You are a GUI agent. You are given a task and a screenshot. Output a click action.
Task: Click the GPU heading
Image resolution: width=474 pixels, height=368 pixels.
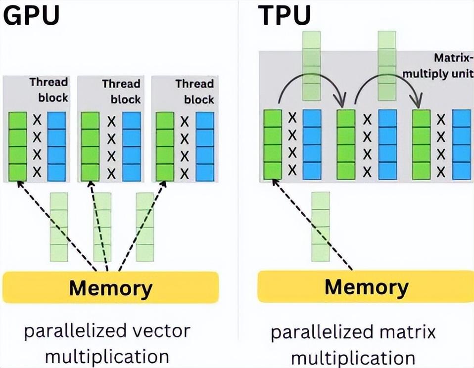(x=31, y=15)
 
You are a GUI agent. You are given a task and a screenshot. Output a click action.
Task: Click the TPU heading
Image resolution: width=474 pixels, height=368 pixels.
(x=284, y=15)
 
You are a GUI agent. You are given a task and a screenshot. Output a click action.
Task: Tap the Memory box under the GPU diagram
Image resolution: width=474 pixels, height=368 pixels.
(x=111, y=287)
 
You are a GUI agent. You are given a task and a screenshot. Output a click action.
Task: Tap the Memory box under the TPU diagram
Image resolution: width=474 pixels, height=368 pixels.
(x=366, y=286)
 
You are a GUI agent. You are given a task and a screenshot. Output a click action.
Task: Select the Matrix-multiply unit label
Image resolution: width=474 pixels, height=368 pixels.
(x=437, y=66)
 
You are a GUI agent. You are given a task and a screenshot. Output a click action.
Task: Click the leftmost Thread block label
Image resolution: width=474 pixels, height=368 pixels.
(x=48, y=90)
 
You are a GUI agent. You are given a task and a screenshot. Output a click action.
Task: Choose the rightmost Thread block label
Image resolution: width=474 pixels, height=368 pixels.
(x=194, y=91)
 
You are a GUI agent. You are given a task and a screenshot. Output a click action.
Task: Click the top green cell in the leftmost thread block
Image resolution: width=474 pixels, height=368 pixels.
(x=17, y=121)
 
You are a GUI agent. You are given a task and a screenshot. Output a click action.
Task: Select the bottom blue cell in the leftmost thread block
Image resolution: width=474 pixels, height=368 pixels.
(x=56, y=173)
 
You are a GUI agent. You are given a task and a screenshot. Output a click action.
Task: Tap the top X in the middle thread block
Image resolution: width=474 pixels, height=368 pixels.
(x=111, y=122)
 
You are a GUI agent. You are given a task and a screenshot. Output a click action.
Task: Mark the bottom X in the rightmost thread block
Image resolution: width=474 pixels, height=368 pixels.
(x=185, y=174)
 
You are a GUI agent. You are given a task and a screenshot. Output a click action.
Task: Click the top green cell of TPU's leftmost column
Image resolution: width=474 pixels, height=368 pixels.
(x=273, y=118)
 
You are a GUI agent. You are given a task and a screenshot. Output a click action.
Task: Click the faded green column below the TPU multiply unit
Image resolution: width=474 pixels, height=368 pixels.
(x=321, y=227)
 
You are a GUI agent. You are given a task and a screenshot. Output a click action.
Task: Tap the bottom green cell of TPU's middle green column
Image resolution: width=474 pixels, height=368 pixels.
(x=346, y=171)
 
